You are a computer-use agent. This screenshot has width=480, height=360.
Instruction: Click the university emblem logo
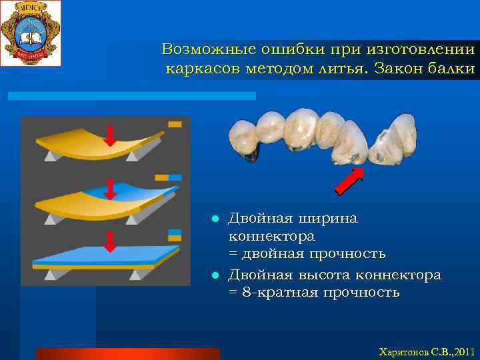click(31, 33)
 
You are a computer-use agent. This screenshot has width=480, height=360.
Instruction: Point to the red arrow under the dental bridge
click(349, 181)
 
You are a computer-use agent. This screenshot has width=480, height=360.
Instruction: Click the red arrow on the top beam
click(110, 135)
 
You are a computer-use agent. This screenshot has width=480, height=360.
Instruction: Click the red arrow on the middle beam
click(111, 189)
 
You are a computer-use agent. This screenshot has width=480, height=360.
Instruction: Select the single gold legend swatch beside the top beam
click(175, 124)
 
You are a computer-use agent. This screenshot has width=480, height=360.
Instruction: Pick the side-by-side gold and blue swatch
click(169, 178)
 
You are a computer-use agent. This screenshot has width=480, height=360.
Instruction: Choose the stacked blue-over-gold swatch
click(175, 234)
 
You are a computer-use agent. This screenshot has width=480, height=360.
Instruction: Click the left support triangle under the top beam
click(51, 156)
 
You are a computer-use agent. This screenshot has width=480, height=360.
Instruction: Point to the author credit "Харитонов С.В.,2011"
click(425, 351)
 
